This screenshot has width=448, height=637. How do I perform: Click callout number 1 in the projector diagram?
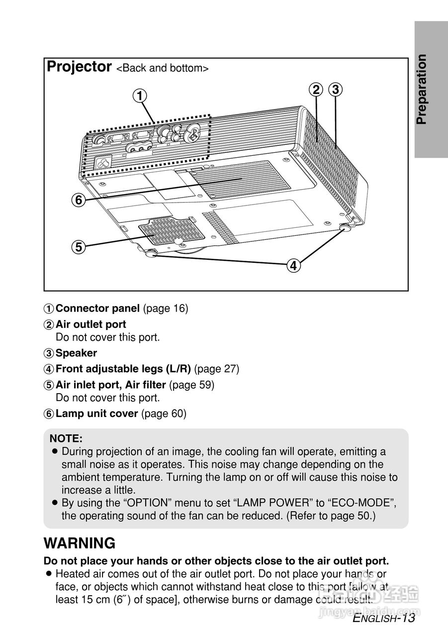[141, 95]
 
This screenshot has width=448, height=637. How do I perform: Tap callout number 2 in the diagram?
[316, 90]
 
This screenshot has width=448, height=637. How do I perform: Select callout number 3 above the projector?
[336, 90]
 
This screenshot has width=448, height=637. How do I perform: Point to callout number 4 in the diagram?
[293, 266]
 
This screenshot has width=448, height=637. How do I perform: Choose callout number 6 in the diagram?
[78, 200]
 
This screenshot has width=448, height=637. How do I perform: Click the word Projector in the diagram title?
[79, 67]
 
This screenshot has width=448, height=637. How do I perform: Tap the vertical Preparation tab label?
[422, 90]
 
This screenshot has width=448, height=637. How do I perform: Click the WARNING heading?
[80, 543]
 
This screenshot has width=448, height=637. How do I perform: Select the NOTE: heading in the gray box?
[66, 439]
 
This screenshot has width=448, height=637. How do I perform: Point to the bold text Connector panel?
[97, 309]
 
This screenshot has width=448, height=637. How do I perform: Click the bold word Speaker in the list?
[76, 353]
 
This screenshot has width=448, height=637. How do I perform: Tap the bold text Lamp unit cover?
[96, 414]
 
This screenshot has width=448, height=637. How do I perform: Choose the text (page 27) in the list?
[217, 369]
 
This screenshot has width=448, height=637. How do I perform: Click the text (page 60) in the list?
[164, 414]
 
